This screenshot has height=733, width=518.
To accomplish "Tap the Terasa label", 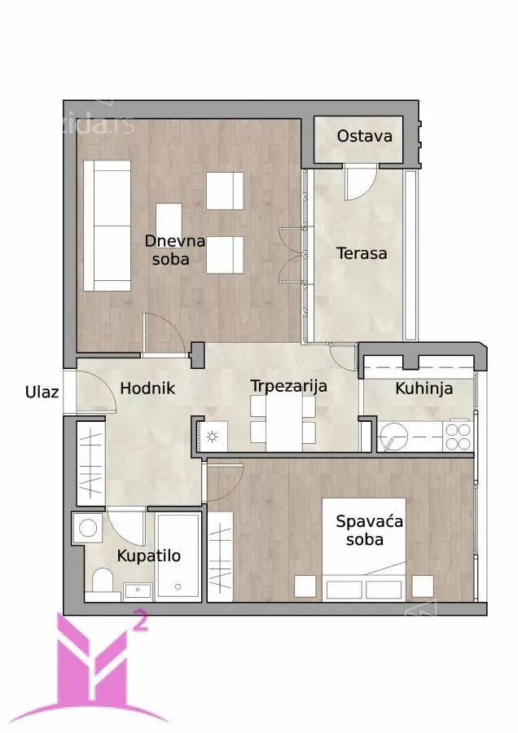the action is tap(362, 253).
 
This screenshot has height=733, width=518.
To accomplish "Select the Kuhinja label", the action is tap(424, 388).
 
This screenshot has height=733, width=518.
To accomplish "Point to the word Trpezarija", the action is tap(288, 387).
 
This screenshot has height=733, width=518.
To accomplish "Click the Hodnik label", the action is tap(147, 388).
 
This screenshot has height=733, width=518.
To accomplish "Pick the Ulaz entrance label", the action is tap(42, 392).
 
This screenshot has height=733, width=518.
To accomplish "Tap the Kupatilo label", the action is tap(149, 555).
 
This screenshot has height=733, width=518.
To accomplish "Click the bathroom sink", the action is tap(138, 591).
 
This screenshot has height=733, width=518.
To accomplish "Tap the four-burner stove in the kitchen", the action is tap(459, 437).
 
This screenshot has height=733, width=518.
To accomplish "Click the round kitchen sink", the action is tap(393, 437).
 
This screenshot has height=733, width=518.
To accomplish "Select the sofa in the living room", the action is tap(107, 226).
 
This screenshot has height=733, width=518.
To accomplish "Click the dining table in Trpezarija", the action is tap(283, 423).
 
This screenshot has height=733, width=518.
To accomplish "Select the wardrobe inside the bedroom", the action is tap(220, 556).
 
